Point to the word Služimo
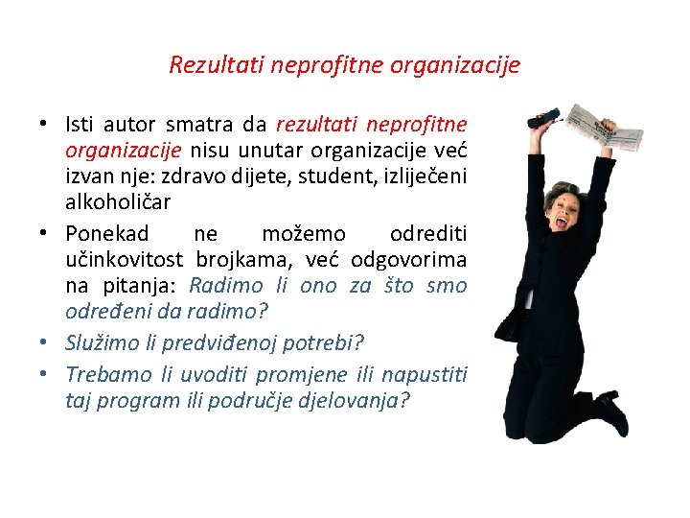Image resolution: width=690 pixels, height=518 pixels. point(100,342)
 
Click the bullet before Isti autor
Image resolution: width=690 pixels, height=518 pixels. point(45,125)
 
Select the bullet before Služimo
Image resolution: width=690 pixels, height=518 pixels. point(45,342)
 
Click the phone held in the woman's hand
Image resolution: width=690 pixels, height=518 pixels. point(547,117)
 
